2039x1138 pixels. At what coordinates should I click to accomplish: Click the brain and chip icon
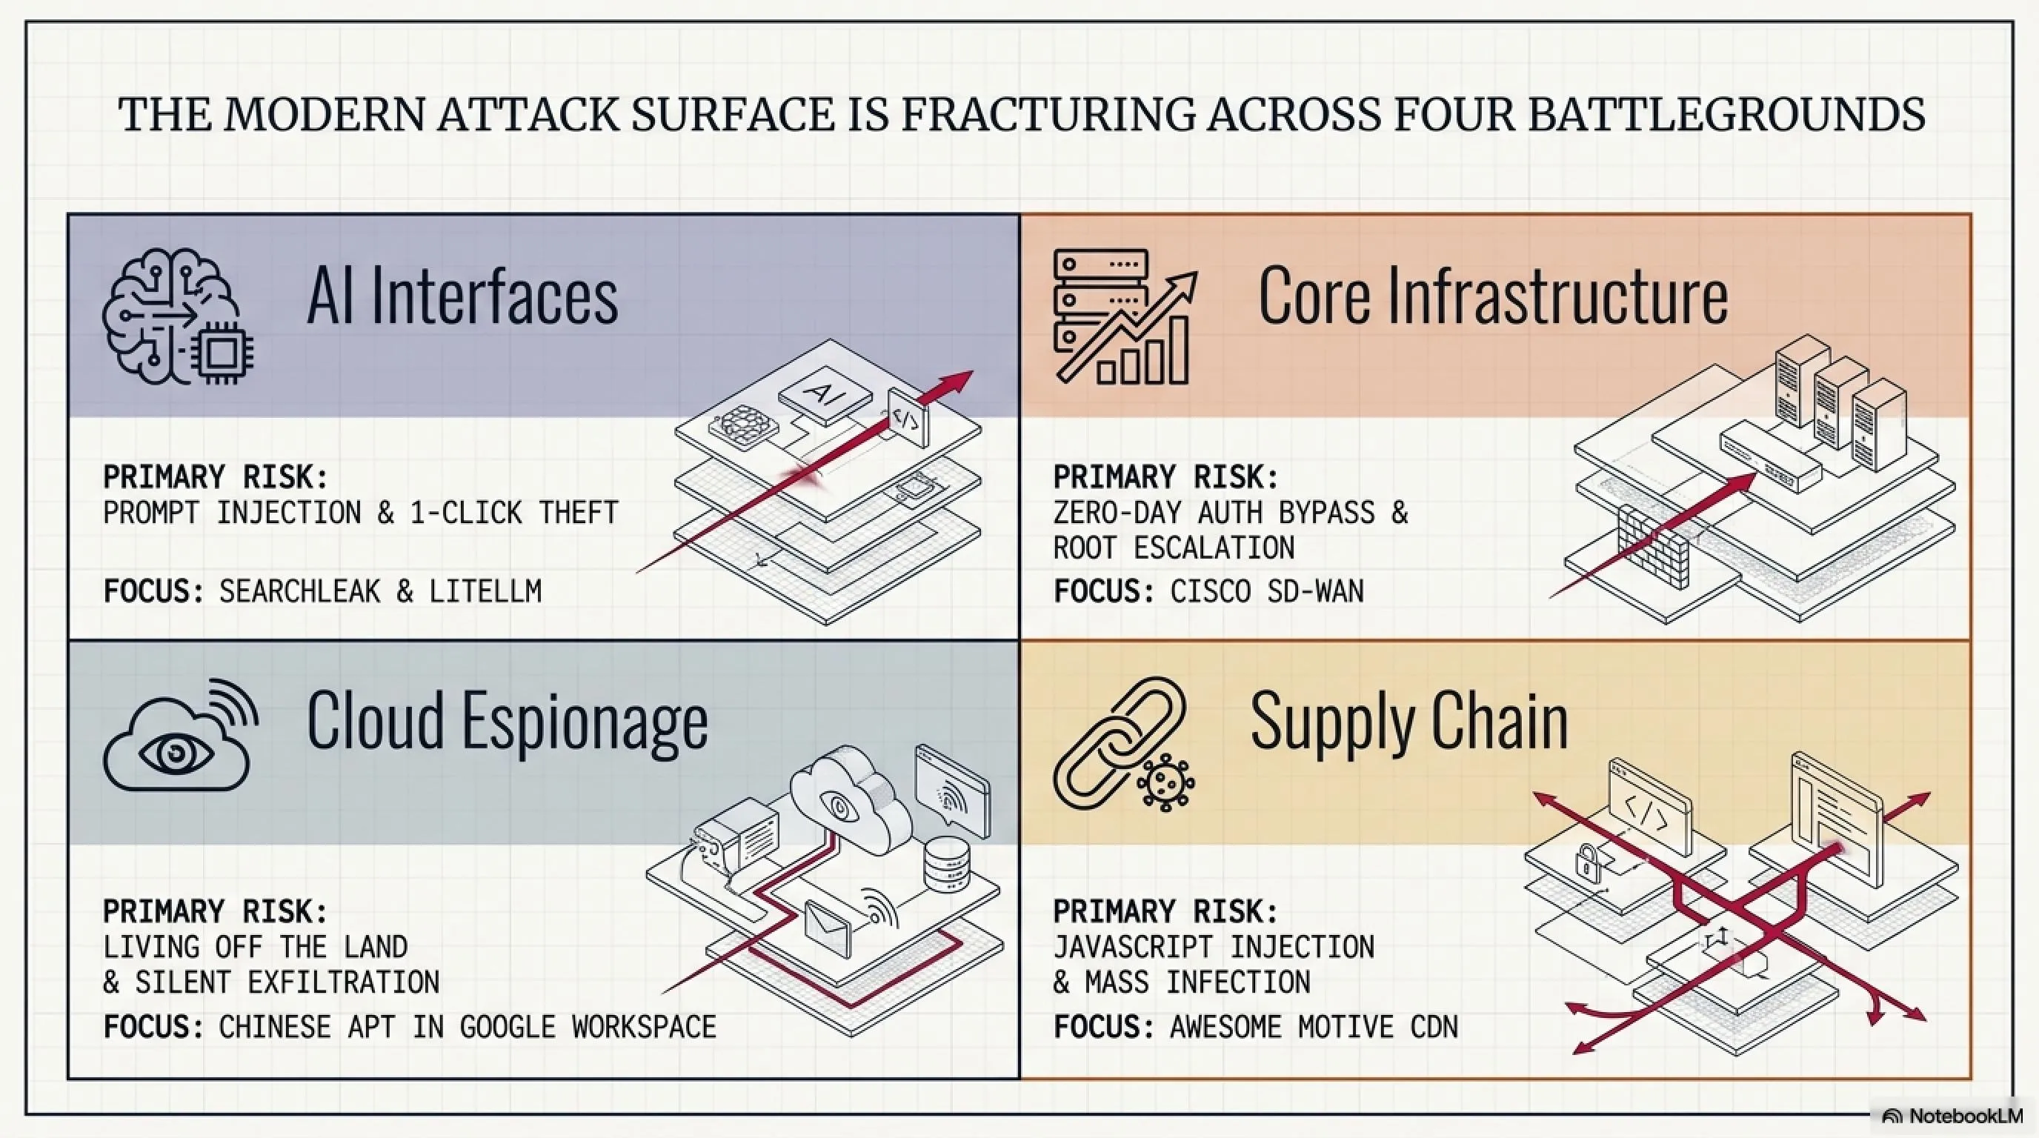[178, 316]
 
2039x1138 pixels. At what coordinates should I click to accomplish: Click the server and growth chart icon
[1125, 316]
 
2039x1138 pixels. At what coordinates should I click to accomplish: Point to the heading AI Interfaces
[462, 296]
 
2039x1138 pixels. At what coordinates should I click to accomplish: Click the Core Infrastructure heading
[1493, 296]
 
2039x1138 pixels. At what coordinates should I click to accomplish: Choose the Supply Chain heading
[1409, 722]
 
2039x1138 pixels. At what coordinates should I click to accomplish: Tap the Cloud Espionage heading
[508, 722]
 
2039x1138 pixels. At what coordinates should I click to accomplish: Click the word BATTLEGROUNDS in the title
[1726, 114]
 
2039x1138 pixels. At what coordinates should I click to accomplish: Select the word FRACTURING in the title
[1047, 114]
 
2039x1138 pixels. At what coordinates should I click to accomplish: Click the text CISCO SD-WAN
[1267, 591]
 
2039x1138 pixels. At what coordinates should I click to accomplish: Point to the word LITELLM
[485, 591]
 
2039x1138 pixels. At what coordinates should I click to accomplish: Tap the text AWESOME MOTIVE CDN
[1314, 1027]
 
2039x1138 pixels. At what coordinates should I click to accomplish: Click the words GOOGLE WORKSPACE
[588, 1027]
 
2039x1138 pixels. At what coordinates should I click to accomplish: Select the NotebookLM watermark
[1954, 1116]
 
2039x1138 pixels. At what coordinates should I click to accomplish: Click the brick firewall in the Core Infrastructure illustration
[1653, 545]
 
